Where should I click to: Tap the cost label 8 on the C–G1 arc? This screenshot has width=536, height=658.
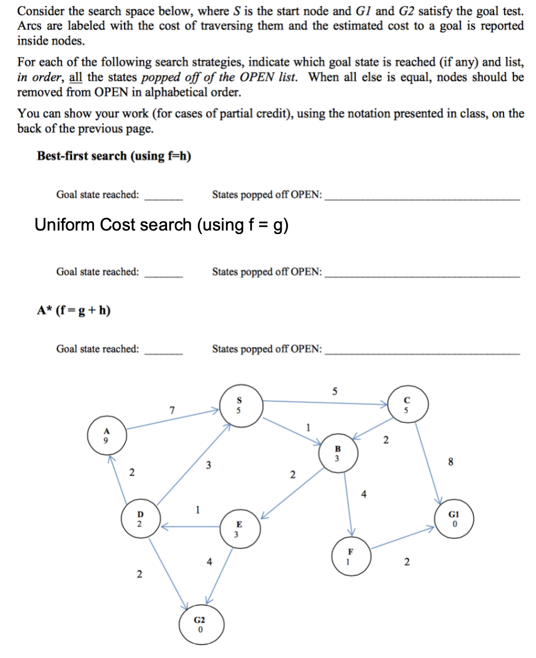[x=452, y=462]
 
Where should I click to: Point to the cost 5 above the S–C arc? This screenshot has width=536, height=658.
[x=335, y=390]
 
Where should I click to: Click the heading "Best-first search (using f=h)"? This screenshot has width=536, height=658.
[x=114, y=156]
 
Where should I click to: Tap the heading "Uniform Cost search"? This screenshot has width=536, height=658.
[x=161, y=225]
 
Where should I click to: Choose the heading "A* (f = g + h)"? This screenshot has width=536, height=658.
[x=74, y=310]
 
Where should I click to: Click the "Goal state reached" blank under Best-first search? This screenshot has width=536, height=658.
[x=164, y=196]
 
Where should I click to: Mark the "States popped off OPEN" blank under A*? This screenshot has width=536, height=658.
[x=423, y=350]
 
